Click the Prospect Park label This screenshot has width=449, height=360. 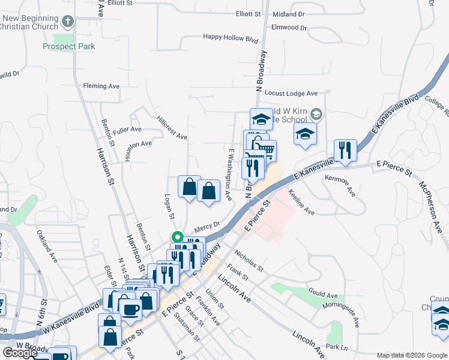[69, 46]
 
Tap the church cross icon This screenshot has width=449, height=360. [68, 23]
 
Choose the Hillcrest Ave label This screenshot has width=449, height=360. [172, 128]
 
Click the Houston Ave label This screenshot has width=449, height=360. [138, 145]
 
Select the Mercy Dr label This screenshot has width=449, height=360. [208, 227]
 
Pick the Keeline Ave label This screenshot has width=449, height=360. [301, 203]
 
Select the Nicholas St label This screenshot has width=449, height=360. [249, 260]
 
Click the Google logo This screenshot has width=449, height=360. [19, 353]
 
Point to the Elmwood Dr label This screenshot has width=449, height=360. [289, 28]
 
